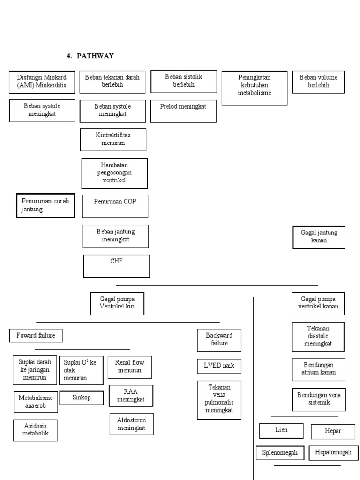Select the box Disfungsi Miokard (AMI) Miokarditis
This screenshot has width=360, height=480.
pos(42,82)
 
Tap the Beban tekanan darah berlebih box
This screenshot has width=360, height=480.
pos(112,82)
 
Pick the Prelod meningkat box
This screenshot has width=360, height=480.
pos(183,111)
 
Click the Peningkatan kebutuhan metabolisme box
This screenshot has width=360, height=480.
pos(254,88)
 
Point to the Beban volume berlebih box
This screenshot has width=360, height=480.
pos(318,82)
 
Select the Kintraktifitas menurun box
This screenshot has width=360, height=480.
pos(113,139)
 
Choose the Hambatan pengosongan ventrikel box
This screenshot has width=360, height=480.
pos(114,173)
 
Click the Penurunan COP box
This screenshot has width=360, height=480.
pos(115,206)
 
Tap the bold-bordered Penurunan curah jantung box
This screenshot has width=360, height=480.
pos(45,205)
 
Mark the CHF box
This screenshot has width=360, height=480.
pos(116,266)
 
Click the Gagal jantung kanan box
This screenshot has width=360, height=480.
pos(319,237)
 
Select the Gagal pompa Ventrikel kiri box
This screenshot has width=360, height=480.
pos(117,303)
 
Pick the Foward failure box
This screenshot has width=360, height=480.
pos(36,336)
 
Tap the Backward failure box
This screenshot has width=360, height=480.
pos(219,339)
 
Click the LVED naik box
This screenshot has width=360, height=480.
pos(219,366)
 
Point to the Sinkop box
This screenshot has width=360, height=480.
pos(82,397)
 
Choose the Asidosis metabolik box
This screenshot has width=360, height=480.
pos(36,430)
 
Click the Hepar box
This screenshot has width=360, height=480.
pos(333,431)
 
